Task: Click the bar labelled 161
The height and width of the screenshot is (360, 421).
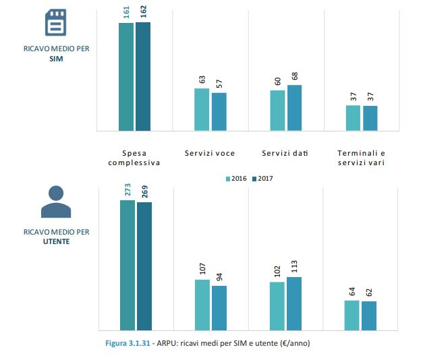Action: pyautogui.click(x=126, y=76)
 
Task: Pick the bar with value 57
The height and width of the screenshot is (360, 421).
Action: pyautogui.click(x=219, y=111)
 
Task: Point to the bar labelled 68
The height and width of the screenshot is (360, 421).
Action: pyautogui.click(x=294, y=108)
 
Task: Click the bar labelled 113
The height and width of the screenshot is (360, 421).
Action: pyautogui.click(x=294, y=303)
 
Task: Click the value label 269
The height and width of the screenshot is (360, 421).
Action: pyautogui.click(x=144, y=190)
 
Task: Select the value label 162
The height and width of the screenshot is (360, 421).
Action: pyautogui.click(x=143, y=12)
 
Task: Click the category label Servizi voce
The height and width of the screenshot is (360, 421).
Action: pyautogui.click(x=210, y=153)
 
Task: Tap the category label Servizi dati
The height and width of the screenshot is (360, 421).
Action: pyautogui.click(x=285, y=153)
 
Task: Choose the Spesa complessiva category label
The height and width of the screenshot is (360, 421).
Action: pyautogui.click(x=134, y=158)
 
